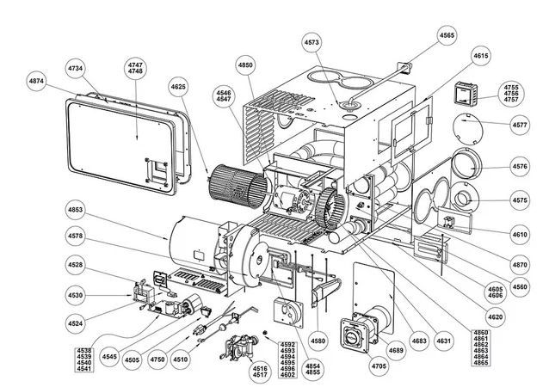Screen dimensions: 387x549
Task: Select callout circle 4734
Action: (x=77, y=67)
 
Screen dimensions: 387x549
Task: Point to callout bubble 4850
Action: (x=246, y=65)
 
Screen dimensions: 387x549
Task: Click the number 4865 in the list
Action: (x=480, y=365)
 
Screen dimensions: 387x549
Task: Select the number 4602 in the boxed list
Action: (x=288, y=375)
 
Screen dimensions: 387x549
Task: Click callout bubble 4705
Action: (x=355, y=365)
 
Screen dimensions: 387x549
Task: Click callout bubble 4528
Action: (x=76, y=266)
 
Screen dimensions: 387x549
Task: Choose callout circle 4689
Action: (x=397, y=350)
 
